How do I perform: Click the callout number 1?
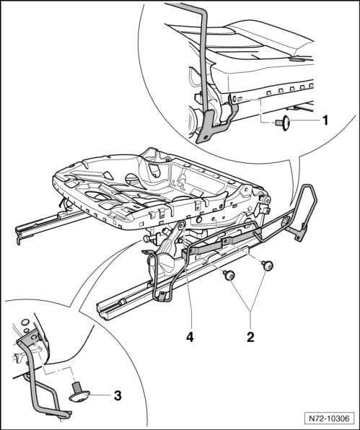pyautogui.click(x=325, y=120)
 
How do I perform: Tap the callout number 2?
pyautogui.click(x=250, y=337)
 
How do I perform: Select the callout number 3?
pyautogui.click(x=118, y=395)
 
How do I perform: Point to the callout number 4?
pyautogui.click(x=190, y=337)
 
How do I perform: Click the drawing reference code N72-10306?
pyautogui.click(x=329, y=418)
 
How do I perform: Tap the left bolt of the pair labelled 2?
pyautogui.click(x=229, y=275)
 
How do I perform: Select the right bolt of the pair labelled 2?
pyautogui.click(x=267, y=266)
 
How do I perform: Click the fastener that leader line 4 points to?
pyautogui.click(x=182, y=226)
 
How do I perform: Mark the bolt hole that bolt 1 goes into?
pyautogui.click(x=234, y=99)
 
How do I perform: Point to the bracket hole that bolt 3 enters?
pyautogui.click(x=33, y=337)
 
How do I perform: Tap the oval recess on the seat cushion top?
pyautogui.click(x=298, y=59)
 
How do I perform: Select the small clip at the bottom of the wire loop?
pyautogui.click(x=162, y=297)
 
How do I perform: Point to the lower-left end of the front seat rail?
pyautogui.click(x=102, y=310)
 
